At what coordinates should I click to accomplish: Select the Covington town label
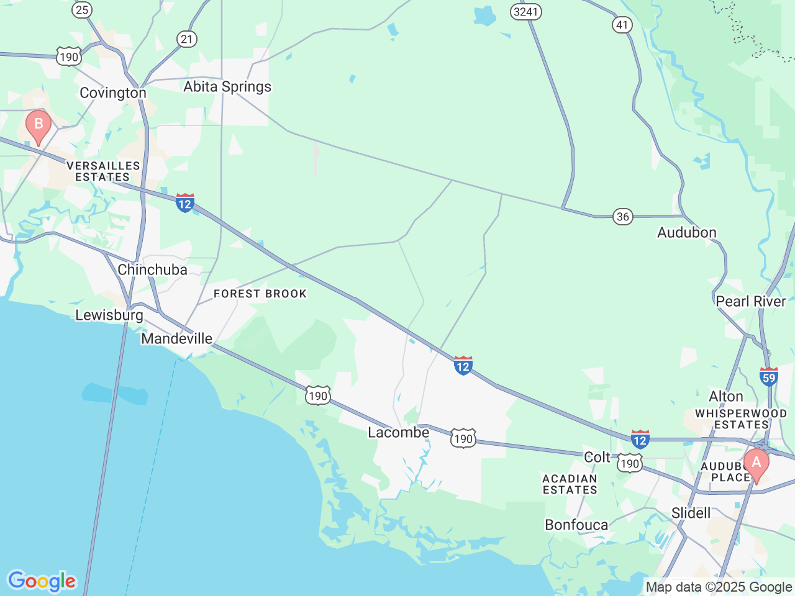(x=113, y=93)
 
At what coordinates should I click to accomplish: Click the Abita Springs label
(x=227, y=87)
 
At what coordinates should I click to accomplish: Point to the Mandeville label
(x=177, y=338)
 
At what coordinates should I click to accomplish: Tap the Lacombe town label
(x=399, y=432)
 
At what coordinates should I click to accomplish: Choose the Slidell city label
(x=691, y=513)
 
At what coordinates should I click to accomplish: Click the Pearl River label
(x=751, y=301)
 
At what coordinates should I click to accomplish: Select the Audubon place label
(x=687, y=233)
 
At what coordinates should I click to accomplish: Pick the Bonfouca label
(x=576, y=525)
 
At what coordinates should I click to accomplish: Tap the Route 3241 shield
(x=526, y=12)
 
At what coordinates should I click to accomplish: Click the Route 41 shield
(x=622, y=25)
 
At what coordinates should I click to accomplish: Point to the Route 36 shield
(x=622, y=216)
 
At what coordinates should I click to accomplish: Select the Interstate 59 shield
(x=769, y=376)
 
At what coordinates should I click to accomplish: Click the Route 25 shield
(x=82, y=9)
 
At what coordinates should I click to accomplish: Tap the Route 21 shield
(x=187, y=39)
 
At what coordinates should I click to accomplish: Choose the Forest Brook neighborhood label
(x=260, y=294)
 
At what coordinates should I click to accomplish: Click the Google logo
(x=42, y=581)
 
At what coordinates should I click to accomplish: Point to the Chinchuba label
(x=152, y=269)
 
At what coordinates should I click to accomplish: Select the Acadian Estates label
(x=570, y=484)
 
